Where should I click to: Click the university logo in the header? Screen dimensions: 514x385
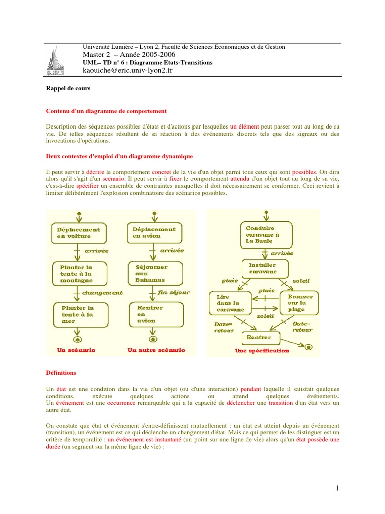coord(58,63)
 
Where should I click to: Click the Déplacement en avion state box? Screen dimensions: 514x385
coord(154,232)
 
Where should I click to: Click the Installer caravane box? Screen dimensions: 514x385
coord(266,268)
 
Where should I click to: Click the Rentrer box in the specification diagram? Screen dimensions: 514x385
coord(259,338)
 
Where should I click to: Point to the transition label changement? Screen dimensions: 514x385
coord(102,292)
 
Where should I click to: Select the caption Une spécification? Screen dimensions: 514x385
coord(262,351)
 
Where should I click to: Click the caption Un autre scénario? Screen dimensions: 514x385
coord(156,350)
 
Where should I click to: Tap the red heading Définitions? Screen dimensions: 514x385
coord(61,373)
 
